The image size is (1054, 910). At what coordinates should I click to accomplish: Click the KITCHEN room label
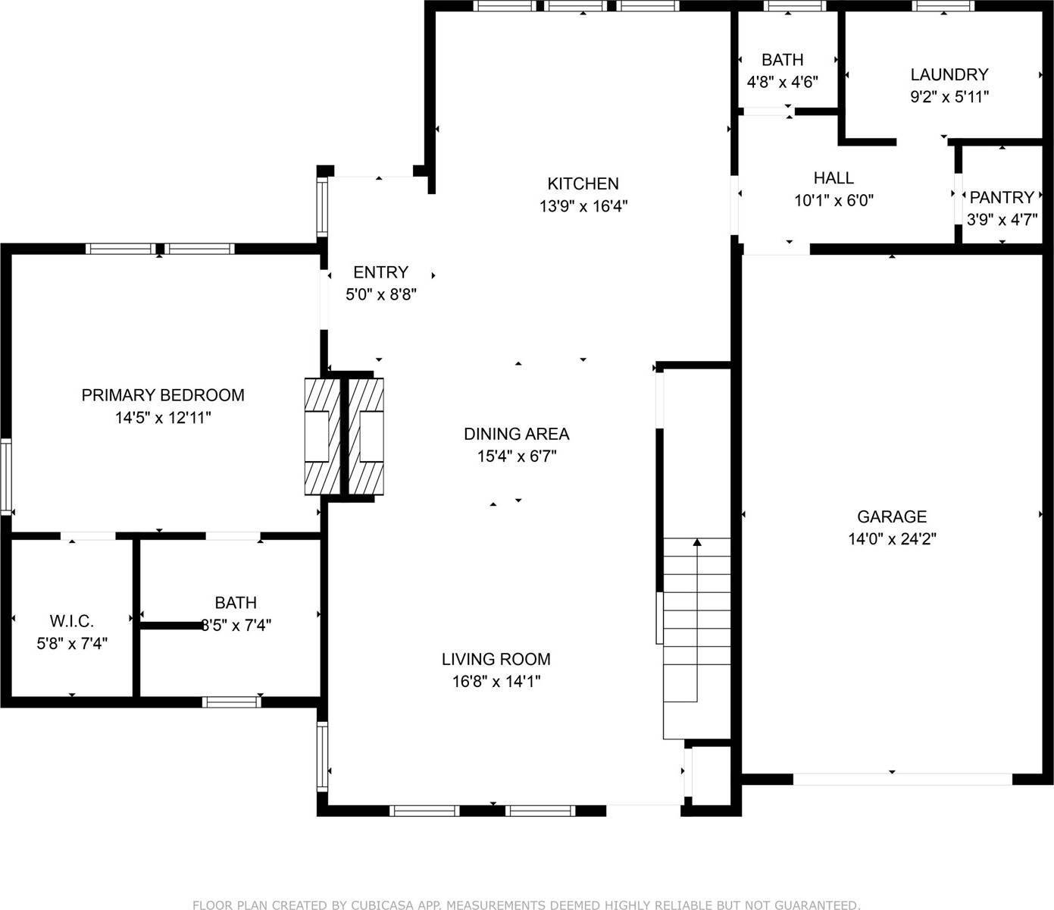tap(583, 184)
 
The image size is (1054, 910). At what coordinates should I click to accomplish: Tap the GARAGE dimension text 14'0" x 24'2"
tap(892, 539)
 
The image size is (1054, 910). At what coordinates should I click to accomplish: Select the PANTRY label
tap(1002, 198)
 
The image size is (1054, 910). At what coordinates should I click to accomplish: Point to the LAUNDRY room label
tap(949, 74)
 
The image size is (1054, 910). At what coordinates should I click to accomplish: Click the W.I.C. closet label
tap(72, 622)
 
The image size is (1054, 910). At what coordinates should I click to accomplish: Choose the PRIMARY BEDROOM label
tap(163, 395)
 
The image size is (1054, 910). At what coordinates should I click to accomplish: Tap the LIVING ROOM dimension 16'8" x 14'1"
tap(496, 682)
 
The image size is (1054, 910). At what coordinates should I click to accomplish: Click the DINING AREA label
tap(516, 434)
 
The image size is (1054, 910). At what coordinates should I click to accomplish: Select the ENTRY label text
tap(380, 272)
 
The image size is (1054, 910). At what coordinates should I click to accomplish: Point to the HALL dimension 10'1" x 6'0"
tap(834, 201)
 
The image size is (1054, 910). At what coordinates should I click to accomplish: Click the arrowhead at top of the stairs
tap(697, 541)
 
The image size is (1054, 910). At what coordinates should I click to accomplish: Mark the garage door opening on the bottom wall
tap(902, 778)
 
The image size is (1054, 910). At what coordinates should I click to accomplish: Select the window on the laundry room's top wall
tap(943, 6)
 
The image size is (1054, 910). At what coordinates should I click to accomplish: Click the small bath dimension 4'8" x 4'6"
tap(782, 82)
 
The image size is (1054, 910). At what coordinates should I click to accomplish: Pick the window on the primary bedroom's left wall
tap(5, 478)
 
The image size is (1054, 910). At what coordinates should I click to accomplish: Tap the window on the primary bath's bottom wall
tap(232, 701)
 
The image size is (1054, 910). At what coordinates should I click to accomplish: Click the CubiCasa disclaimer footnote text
tap(527, 904)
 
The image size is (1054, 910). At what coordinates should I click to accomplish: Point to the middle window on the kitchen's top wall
tap(576, 6)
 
